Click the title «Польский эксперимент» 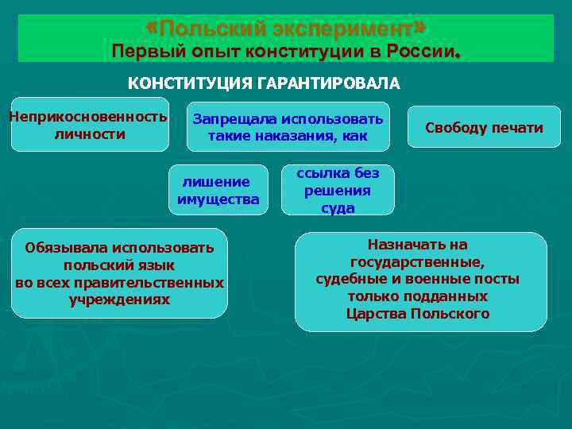[287, 29]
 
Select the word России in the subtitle [420, 52]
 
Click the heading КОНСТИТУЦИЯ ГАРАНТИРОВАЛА [265, 83]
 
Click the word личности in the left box [89, 133]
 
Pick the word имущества [218, 199]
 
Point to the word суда [338, 208]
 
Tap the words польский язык [119, 265]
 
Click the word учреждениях [119, 300]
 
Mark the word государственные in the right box [417, 262]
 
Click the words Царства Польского [418, 313]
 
